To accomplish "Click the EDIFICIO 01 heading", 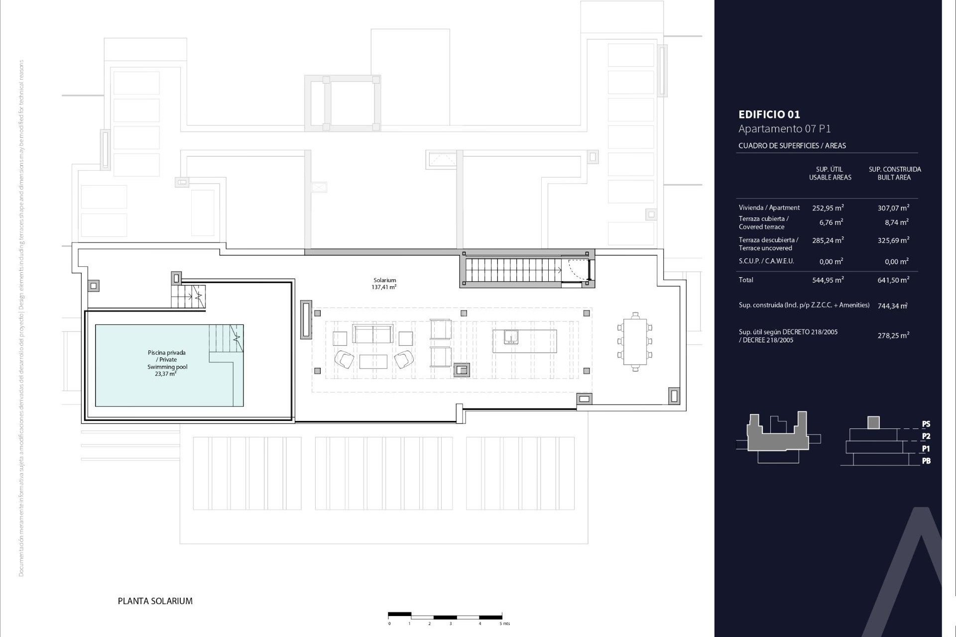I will click(769, 114).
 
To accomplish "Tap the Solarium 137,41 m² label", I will click(384, 284).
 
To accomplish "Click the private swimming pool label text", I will click(167, 363).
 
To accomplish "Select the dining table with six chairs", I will click(635, 341).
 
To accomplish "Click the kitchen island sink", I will click(511, 338).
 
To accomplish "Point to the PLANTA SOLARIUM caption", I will click(155, 601).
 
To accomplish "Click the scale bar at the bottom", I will click(445, 616).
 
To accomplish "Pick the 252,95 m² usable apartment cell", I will click(828, 208).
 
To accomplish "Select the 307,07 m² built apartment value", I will click(893, 208).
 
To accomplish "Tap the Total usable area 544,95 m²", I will click(828, 280).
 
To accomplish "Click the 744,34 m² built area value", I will click(892, 306).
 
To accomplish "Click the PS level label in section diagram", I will click(926, 425).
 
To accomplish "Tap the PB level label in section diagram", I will click(926, 461).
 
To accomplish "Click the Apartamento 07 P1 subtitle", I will click(784, 129).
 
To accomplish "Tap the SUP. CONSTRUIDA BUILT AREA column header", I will click(894, 173).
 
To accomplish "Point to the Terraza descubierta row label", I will click(768, 244).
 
